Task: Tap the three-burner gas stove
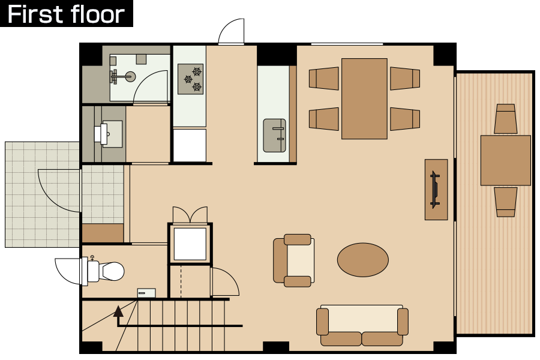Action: tap(190, 79)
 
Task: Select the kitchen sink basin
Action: tap(274, 136)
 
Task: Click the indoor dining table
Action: tap(364, 98)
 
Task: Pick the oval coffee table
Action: tap(363, 260)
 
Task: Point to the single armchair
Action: tap(294, 260)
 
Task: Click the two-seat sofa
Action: tap(362, 325)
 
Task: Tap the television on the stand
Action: tap(436, 190)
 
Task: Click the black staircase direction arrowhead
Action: tap(118, 311)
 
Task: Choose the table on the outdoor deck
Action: tap(506, 161)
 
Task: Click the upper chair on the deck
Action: tap(506, 119)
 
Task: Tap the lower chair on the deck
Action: tap(506, 202)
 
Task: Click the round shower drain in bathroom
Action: tap(130, 76)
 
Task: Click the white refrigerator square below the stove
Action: tap(190, 145)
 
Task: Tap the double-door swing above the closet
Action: tap(190, 215)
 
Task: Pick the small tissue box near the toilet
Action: tap(146, 293)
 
